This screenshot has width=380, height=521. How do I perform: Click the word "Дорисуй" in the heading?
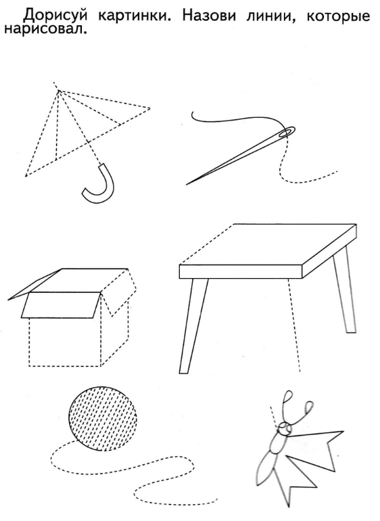coord(51,15)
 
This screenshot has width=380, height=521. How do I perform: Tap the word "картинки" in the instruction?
coord(133,16)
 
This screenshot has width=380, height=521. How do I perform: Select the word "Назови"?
coord(209,15)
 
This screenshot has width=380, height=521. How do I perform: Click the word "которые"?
coord(338,16)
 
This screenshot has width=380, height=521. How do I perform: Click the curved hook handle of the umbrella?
coord(99,184)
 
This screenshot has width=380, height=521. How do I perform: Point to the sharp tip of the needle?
coord(187,185)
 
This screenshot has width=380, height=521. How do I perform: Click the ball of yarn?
coord(103,419)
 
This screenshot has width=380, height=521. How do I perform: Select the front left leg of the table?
coord(193,325)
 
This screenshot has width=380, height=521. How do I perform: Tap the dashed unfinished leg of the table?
coord(294,325)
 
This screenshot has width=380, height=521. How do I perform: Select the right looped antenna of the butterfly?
coord(304,413)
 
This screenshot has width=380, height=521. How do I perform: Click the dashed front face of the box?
coord(65,342)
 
